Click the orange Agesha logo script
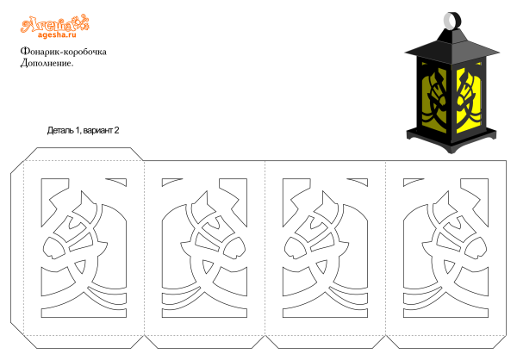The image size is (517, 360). click(55, 24)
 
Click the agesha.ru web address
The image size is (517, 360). click(57, 34)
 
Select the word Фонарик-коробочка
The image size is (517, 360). click(63, 52)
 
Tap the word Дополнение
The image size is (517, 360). click(47, 63)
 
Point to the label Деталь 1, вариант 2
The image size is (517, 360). click(83, 130)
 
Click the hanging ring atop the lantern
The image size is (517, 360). click(452, 20)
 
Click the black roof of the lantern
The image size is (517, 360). click(452, 47)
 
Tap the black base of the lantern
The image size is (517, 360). click(452, 140)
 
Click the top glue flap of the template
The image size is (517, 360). click(84, 154)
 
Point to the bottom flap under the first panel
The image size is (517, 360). click(84, 342)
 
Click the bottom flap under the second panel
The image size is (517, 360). click(204, 342)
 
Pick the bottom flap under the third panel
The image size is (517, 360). click(326, 342)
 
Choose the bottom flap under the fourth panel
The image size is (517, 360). click(446, 342)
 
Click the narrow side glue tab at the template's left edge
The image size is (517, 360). click(17, 248)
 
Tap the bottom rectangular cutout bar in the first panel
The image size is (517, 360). click(84, 312)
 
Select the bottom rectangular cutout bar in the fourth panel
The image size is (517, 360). click(445, 312)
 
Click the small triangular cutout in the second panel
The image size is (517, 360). click(207, 266)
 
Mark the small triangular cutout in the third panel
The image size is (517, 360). click(322, 266)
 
